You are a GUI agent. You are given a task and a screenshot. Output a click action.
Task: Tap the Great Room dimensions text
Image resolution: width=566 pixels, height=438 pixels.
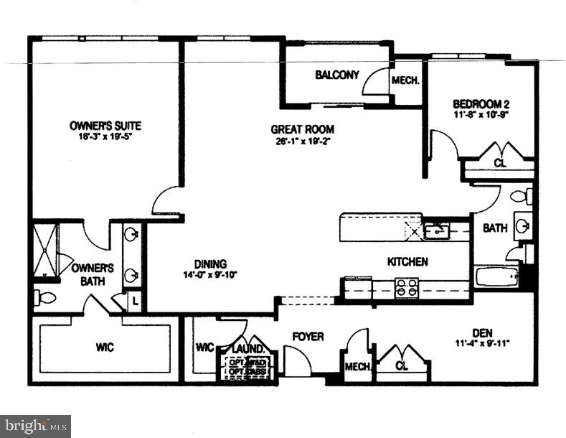pyautogui.click(x=303, y=141)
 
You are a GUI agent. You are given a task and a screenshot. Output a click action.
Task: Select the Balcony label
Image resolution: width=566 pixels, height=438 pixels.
pyautogui.click(x=336, y=75)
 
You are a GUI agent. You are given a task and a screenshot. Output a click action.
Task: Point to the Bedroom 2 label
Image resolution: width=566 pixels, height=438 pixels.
pyautogui.click(x=481, y=103)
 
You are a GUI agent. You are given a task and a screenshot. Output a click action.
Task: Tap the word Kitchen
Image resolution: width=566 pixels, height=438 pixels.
pyautogui.click(x=407, y=262)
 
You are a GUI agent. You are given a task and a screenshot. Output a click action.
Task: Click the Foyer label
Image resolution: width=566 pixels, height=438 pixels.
pyautogui.click(x=308, y=336)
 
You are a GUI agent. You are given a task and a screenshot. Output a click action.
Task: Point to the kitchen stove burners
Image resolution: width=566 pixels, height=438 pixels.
pyautogui.click(x=407, y=287)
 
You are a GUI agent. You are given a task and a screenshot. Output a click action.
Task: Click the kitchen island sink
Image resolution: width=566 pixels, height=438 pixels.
pyautogui.click(x=434, y=230)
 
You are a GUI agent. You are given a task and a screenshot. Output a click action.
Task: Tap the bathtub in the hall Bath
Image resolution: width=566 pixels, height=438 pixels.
pyautogui.click(x=496, y=276)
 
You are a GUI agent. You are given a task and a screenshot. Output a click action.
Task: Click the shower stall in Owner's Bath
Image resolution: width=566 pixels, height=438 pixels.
pyautogui.click(x=45, y=251)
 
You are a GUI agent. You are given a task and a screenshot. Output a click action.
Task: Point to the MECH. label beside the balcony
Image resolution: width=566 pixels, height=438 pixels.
pyautogui.click(x=405, y=80)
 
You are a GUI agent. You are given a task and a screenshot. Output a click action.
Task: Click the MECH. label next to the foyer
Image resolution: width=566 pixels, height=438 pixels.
pyautogui.click(x=358, y=367)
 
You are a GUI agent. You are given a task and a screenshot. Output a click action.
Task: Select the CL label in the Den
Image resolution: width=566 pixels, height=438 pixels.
pyautogui.click(x=405, y=366)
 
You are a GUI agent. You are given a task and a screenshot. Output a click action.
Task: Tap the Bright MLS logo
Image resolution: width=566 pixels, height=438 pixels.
pyautogui.click(x=35, y=426)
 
